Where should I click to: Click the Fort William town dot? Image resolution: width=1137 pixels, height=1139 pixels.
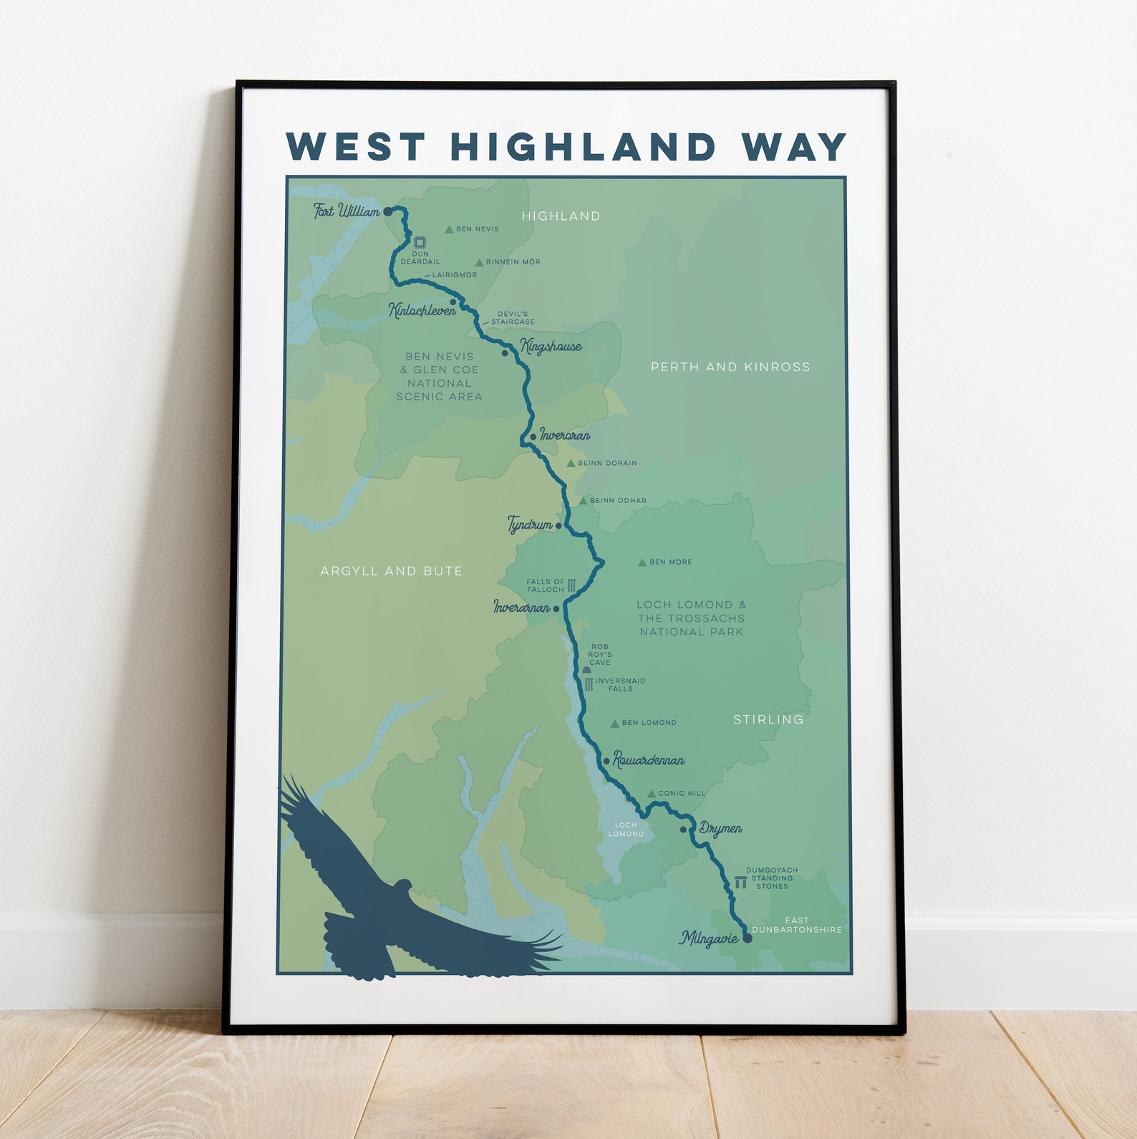point(387,212)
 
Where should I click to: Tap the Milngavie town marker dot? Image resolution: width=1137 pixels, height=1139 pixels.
point(747,938)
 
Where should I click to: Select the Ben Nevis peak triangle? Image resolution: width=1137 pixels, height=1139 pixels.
point(449,230)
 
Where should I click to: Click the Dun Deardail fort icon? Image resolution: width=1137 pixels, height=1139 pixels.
point(420,241)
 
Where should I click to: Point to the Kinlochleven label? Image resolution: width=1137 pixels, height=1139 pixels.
point(422,310)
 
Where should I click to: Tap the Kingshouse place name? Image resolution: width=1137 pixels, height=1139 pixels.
point(551,347)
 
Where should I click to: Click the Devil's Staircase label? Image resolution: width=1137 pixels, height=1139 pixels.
point(513,318)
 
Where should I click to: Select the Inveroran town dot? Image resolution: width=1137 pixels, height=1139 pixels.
point(533,437)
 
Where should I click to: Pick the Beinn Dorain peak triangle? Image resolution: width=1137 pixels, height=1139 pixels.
point(571,463)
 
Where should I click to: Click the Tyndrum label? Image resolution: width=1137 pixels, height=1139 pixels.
point(530,525)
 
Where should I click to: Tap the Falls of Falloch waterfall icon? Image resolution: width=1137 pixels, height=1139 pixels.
point(571,586)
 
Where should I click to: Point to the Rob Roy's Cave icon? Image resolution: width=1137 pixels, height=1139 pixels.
point(586,669)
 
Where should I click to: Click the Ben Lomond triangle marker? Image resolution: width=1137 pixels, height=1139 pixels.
point(614,724)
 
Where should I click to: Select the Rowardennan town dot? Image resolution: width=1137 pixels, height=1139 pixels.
point(606,761)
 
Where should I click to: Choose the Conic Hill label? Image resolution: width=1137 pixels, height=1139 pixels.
point(681,794)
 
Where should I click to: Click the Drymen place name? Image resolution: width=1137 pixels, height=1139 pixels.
point(720,829)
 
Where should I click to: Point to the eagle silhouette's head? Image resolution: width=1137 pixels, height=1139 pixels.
point(402,886)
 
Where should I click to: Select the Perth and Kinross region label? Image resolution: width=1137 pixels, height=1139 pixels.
point(730,367)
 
